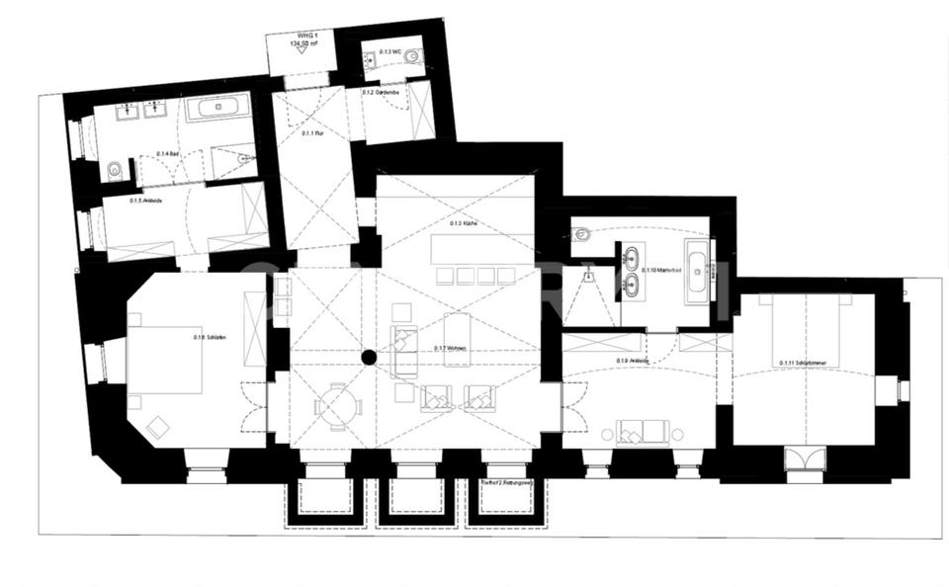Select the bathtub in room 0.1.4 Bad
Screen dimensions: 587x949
coord(217,107)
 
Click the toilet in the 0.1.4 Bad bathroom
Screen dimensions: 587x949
coord(114,171)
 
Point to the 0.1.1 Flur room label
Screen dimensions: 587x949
coord(313,133)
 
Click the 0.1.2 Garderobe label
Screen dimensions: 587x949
coord(380,92)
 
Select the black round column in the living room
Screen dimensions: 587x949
coord(369,358)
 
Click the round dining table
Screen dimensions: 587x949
coord(337,404)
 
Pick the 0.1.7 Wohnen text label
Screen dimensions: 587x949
coord(449,348)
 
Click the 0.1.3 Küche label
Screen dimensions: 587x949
coord(463,224)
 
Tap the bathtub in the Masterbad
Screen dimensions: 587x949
coord(697,267)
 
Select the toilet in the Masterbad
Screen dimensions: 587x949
coord(582,235)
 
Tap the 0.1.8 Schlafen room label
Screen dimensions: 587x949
coord(210,338)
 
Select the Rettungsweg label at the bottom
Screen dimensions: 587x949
coord(506,483)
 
